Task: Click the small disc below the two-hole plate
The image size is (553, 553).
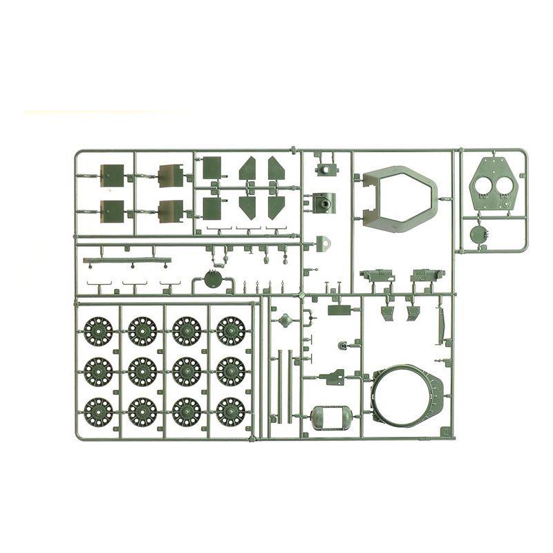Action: [x=478, y=234]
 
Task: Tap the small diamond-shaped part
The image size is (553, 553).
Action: [x=284, y=319]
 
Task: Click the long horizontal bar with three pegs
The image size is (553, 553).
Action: [x=126, y=261]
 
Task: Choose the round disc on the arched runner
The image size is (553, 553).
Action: [x=214, y=279]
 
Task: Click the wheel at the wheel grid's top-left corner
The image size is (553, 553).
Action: [x=99, y=330]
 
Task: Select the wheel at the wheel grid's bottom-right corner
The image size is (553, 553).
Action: [x=231, y=411]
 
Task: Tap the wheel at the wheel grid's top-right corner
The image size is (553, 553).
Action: [x=231, y=330]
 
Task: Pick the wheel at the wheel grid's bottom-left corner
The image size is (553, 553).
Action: [x=99, y=411]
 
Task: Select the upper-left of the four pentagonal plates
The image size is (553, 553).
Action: [x=248, y=169]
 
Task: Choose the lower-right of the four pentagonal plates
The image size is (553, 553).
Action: [x=276, y=206]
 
